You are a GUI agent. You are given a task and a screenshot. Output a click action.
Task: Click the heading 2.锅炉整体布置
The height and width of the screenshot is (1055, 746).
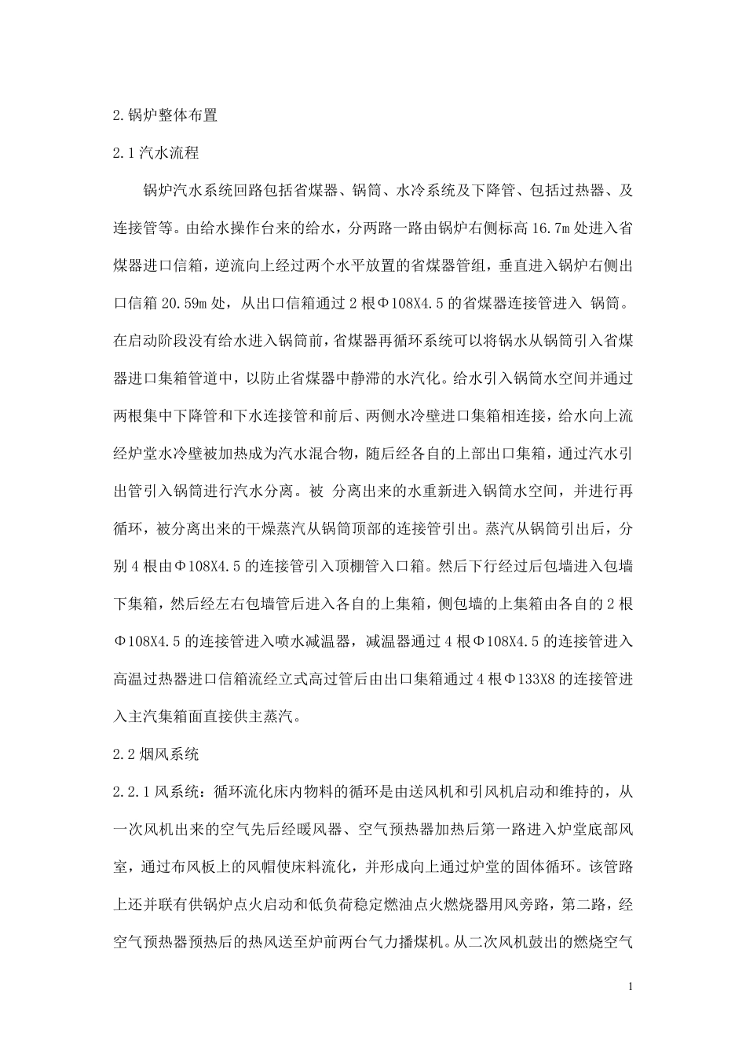pos(164,115)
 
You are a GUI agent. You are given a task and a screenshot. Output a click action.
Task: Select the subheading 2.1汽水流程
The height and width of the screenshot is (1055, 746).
pos(155,153)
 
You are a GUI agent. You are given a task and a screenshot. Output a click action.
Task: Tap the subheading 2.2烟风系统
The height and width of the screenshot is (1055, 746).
pos(155,754)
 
